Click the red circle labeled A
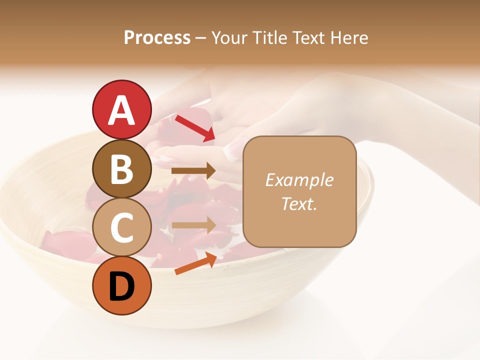[122, 109]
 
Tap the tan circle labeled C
[122, 227]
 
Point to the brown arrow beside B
[193, 171]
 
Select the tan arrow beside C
[193, 225]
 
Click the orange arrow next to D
[195, 264]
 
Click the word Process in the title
[157, 38]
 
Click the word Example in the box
[299, 180]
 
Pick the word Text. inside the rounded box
[299, 203]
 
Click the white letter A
[122, 110]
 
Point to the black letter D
[122, 286]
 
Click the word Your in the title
[230, 38]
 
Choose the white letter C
[122, 228]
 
